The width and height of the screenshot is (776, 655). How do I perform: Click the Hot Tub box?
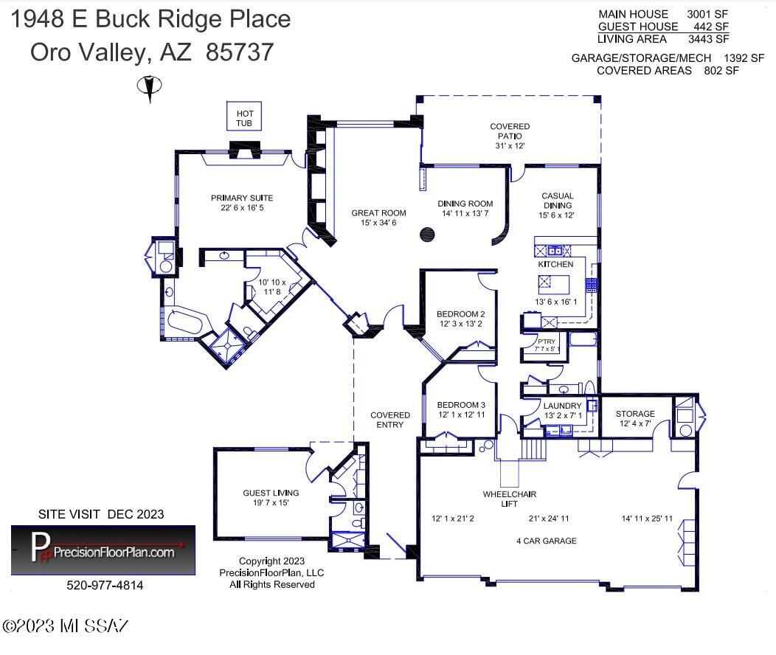[x=244, y=116]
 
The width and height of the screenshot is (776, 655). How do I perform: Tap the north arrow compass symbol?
[x=150, y=88]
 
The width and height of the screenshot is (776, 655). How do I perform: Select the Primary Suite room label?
[x=242, y=203]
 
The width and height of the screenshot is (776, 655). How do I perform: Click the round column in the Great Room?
[x=427, y=235]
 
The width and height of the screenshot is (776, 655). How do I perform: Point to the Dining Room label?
[x=465, y=208]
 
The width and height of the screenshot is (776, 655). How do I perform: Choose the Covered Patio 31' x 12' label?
[x=510, y=136]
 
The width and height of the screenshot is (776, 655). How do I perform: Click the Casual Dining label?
[x=557, y=205]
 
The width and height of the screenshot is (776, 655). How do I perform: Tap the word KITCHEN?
[x=555, y=264]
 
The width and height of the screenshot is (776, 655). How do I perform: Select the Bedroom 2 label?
[x=461, y=319]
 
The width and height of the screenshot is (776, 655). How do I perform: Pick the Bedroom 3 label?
[x=461, y=409]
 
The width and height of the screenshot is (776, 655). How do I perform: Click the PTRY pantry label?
[x=547, y=342]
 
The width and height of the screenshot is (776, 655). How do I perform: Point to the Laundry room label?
[x=563, y=411]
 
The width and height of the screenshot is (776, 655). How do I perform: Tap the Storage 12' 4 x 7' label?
[x=635, y=418]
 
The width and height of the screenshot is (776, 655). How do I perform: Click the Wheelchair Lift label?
[x=510, y=499]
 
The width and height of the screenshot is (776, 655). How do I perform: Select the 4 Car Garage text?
[x=547, y=541]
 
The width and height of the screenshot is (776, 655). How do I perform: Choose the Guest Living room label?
[x=271, y=498]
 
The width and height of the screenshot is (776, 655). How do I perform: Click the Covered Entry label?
[x=390, y=420]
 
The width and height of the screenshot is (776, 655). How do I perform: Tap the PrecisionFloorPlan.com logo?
[x=103, y=550]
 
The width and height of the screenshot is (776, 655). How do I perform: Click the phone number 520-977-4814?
[x=105, y=585]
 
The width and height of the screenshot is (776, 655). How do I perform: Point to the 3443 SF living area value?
[x=708, y=39]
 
